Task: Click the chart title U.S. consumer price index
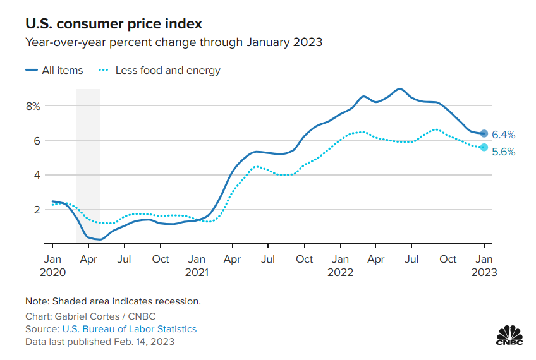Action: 114,24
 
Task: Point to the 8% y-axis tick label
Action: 33,106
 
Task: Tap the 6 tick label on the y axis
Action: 37,141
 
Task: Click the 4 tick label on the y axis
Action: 37,175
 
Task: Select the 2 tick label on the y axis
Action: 37,209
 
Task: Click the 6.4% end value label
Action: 504,135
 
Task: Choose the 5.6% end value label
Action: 504,152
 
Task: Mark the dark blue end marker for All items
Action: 484,133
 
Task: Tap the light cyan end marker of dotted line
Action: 484,147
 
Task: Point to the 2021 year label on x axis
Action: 197,273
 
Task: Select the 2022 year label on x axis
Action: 340,273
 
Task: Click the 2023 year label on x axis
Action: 484,273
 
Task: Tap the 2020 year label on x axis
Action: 53,273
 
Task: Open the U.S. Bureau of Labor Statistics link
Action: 129,329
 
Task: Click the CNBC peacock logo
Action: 509,335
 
